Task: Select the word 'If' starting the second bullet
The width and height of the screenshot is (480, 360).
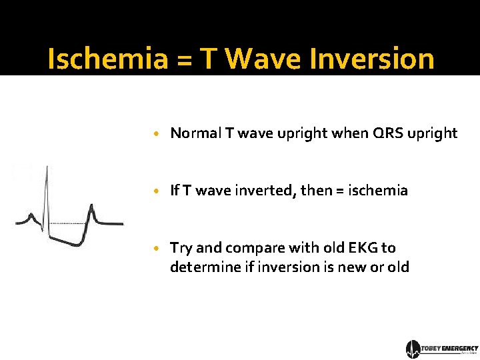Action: click(x=175, y=191)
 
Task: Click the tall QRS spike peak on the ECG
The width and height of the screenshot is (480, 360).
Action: click(x=47, y=167)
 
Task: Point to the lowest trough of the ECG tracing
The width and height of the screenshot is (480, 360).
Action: click(x=77, y=245)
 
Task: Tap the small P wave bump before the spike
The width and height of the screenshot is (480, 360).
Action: click(x=30, y=215)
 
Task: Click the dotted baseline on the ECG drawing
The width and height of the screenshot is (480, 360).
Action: click(x=67, y=223)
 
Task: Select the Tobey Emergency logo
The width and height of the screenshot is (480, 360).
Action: click(x=441, y=349)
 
